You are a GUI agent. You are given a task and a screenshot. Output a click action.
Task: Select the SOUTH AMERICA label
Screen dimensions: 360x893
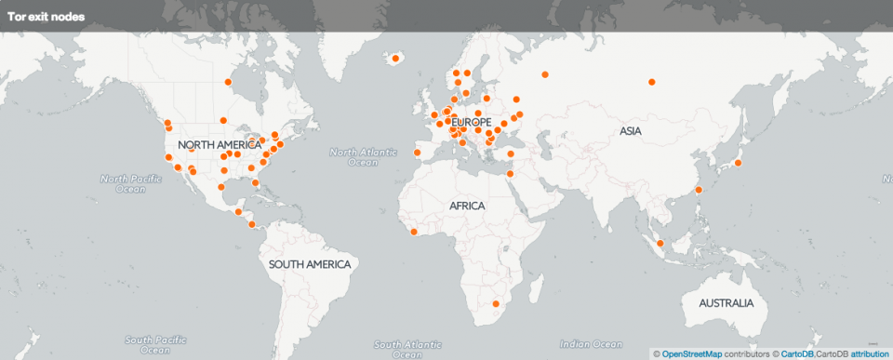pyautogui.click(x=310, y=264)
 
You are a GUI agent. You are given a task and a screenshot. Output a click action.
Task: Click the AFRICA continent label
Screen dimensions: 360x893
pyautogui.click(x=467, y=205)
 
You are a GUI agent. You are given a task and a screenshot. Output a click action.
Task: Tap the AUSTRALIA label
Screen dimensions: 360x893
pyautogui.click(x=726, y=304)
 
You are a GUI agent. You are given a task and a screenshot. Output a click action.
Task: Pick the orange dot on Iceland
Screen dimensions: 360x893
pyautogui.click(x=395, y=59)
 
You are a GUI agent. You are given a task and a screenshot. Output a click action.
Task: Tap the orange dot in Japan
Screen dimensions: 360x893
pyautogui.click(x=738, y=164)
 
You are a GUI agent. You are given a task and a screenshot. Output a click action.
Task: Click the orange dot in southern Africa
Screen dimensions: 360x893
pyautogui.click(x=496, y=303)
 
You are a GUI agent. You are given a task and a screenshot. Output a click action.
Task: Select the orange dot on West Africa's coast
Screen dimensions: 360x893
pyautogui.click(x=412, y=232)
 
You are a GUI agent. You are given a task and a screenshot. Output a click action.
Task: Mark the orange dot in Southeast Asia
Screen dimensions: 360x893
pyautogui.click(x=660, y=244)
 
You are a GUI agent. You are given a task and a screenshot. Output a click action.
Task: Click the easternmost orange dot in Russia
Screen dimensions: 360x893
pyautogui.click(x=651, y=82)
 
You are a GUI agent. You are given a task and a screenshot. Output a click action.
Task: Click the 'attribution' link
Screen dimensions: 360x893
pyautogui.click(x=870, y=353)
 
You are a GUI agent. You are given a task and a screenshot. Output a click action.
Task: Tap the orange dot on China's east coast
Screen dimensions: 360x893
pyautogui.click(x=699, y=191)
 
